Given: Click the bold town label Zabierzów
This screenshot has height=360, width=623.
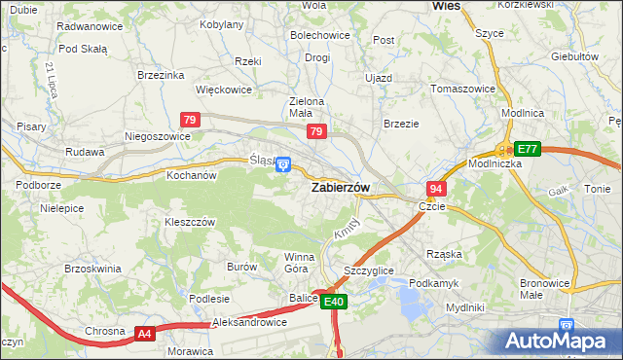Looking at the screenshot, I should (x=339, y=189).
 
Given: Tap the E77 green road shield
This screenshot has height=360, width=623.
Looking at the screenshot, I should (x=527, y=149).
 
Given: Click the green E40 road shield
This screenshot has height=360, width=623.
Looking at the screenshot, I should (x=334, y=303).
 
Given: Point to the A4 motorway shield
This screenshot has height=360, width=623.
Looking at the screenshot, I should (x=144, y=334).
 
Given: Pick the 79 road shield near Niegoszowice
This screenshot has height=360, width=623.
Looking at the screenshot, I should (x=191, y=120).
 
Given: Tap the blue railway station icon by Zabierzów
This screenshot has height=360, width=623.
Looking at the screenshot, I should (x=282, y=164).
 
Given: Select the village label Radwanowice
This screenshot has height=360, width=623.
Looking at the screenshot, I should (x=90, y=26).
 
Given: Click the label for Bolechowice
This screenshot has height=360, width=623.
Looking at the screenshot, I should (x=319, y=35).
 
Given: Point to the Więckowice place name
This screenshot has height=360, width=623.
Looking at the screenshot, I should (x=224, y=90).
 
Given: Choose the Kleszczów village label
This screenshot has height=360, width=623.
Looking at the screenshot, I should (x=189, y=222).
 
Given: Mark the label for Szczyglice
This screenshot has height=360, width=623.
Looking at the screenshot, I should (x=369, y=270).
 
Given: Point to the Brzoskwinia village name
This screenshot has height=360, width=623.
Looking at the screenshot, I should (x=92, y=268).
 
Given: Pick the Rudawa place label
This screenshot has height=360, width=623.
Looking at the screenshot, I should (x=85, y=152).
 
